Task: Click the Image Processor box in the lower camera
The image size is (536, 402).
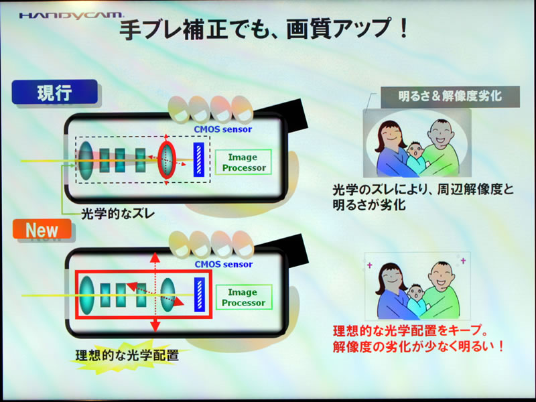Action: point(243,297)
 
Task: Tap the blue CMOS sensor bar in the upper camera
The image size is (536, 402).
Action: point(199,160)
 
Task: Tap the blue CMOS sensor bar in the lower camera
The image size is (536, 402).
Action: point(199,295)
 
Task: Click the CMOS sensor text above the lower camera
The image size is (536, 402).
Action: point(224,264)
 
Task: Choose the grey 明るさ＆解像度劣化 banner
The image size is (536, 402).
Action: point(442,96)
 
